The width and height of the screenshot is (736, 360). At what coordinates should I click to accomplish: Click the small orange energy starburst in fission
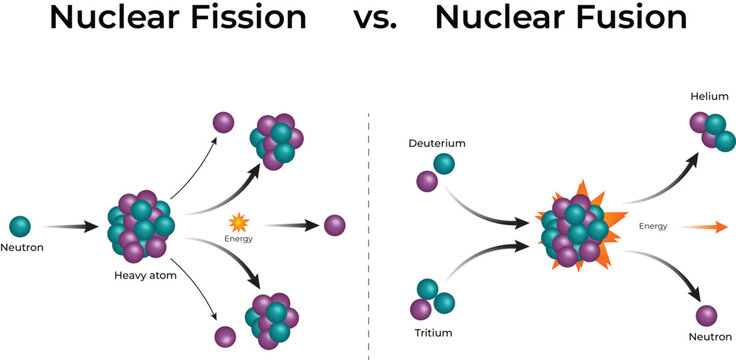point(238,222)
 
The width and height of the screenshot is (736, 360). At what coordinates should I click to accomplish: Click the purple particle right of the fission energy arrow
point(334,225)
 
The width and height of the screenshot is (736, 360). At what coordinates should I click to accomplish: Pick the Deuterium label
point(437,143)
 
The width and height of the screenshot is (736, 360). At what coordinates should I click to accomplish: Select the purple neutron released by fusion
point(708,315)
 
